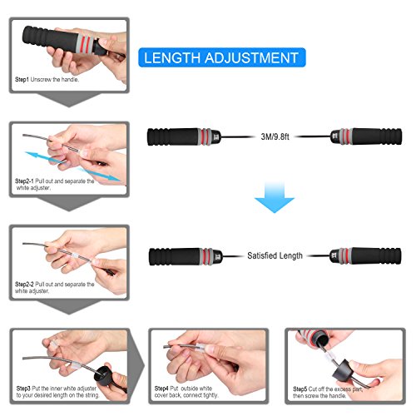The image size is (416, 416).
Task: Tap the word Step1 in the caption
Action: pos(25,80)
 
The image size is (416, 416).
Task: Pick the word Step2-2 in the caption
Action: pos(29,284)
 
